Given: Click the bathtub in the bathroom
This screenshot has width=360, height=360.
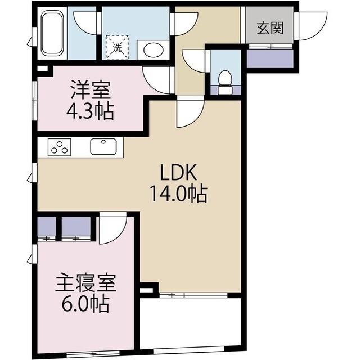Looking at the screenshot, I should [x=52, y=34].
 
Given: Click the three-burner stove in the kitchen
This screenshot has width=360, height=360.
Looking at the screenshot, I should [x=59, y=147].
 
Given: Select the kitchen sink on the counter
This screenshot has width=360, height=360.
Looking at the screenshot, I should [x=103, y=147].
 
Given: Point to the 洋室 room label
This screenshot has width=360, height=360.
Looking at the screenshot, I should [x=89, y=91].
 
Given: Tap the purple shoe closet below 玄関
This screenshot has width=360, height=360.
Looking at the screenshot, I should [x=269, y=58].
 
